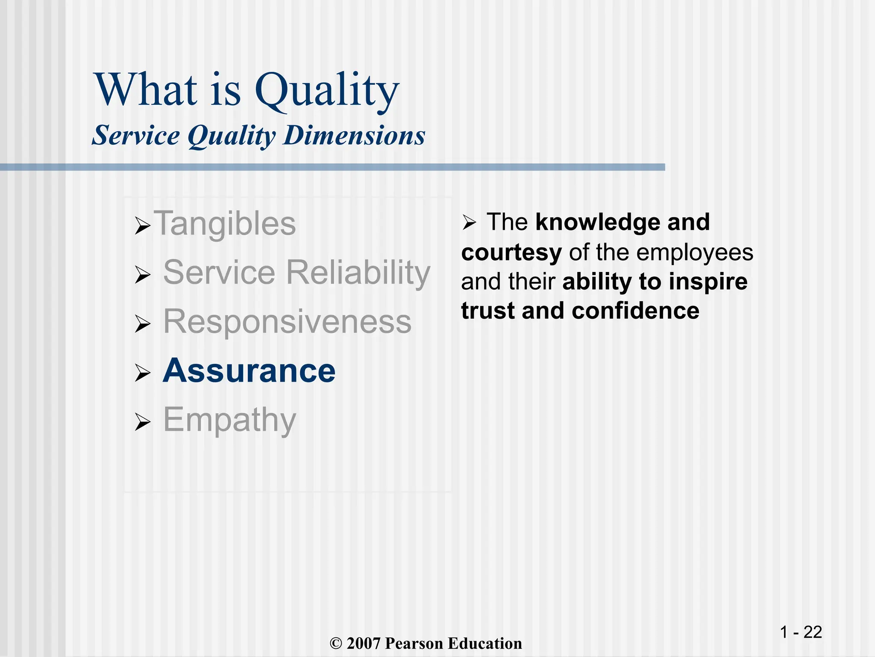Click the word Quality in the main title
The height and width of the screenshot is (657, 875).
pyautogui.click(x=327, y=91)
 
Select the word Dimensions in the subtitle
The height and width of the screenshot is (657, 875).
pyautogui.click(x=354, y=136)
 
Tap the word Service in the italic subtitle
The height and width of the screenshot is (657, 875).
pyautogui.click(x=136, y=136)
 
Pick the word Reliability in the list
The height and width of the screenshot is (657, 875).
pyautogui.click(x=358, y=272)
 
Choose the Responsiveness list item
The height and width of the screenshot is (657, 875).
pyautogui.click(x=287, y=322)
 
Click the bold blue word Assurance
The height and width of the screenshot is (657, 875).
pyautogui.click(x=249, y=370)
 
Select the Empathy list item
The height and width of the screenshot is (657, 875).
pyautogui.click(x=229, y=420)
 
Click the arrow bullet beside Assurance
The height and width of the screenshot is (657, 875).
pyautogui.click(x=142, y=373)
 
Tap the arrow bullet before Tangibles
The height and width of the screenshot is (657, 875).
pyautogui.click(x=142, y=225)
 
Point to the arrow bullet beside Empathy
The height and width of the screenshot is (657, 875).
pyautogui.click(x=142, y=422)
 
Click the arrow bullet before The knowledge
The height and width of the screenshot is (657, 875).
pyautogui.click(x=469, y=222)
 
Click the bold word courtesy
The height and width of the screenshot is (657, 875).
pyautogui.click(x=511, y=252)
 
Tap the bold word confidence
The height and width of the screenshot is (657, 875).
pyautogui.click(x=635, y=311)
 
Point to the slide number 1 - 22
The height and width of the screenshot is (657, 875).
pyautogui.click(x=801, y=632)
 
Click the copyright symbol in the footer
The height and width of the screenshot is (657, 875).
pyautogui.click(x=336, y=644)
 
